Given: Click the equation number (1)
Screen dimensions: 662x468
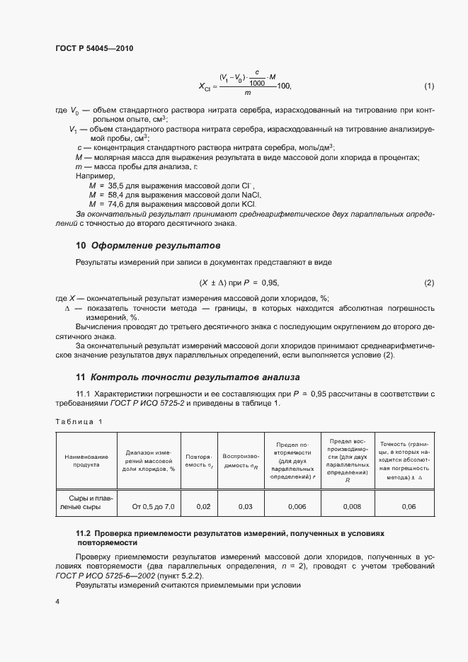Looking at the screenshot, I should pos(428,86).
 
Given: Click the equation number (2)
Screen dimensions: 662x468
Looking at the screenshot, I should pos(428,283).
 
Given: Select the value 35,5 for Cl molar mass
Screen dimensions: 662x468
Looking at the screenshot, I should pos(114,185).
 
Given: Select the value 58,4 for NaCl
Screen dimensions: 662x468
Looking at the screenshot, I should pos(114,194).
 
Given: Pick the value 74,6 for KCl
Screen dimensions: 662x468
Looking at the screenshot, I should pos(114,203).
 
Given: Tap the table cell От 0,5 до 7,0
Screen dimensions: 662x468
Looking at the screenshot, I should pos(153,507).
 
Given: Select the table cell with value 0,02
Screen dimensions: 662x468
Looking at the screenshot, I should pos(202,507).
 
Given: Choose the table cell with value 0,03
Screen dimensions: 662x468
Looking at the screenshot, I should pos(245,507).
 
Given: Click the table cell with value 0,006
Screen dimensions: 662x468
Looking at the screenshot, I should pos(297,507).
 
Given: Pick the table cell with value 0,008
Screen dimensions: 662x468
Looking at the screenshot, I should pos(352,507).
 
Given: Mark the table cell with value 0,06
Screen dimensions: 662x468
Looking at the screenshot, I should pos(409,507).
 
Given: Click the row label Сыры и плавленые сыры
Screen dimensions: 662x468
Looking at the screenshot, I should pos(81,502).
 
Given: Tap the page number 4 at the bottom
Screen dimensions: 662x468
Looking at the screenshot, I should pos(57,602).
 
